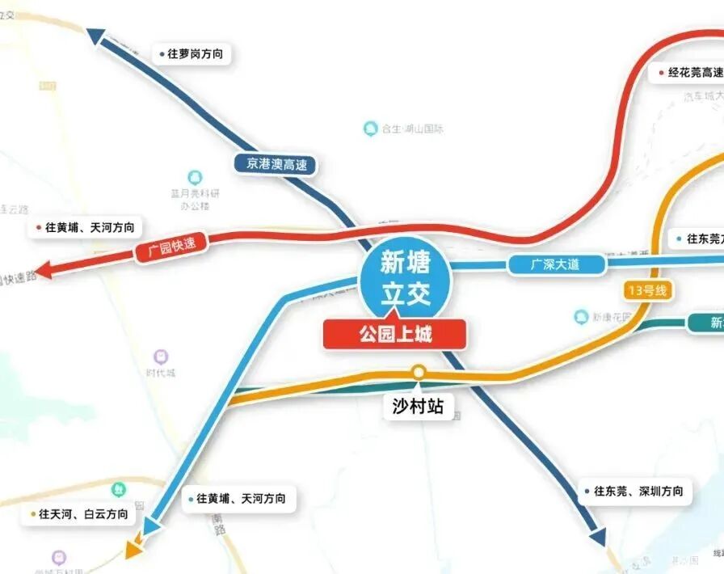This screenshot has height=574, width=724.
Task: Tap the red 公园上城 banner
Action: (x=394, y=334)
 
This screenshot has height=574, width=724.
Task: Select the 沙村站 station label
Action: (x=418, y=406)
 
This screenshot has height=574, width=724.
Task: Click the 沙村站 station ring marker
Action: (x=419, y=372)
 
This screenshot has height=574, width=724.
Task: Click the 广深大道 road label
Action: (x=556, y=264)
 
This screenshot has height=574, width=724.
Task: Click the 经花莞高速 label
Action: (x=691, y=73)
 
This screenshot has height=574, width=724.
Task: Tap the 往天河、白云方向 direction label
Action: (x=82, y=513)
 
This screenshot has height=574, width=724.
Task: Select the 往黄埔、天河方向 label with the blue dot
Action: (x=236, y=499)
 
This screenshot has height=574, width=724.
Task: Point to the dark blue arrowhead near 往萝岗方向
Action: (x=96, y=36)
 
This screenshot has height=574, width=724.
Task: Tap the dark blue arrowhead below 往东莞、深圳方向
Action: (x=597, y=537)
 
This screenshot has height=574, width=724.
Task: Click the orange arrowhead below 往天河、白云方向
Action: (x=133, y=551)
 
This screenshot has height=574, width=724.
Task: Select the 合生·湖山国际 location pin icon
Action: (x=370, y=128)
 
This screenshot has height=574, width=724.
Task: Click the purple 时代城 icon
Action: (x=162, y=357)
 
